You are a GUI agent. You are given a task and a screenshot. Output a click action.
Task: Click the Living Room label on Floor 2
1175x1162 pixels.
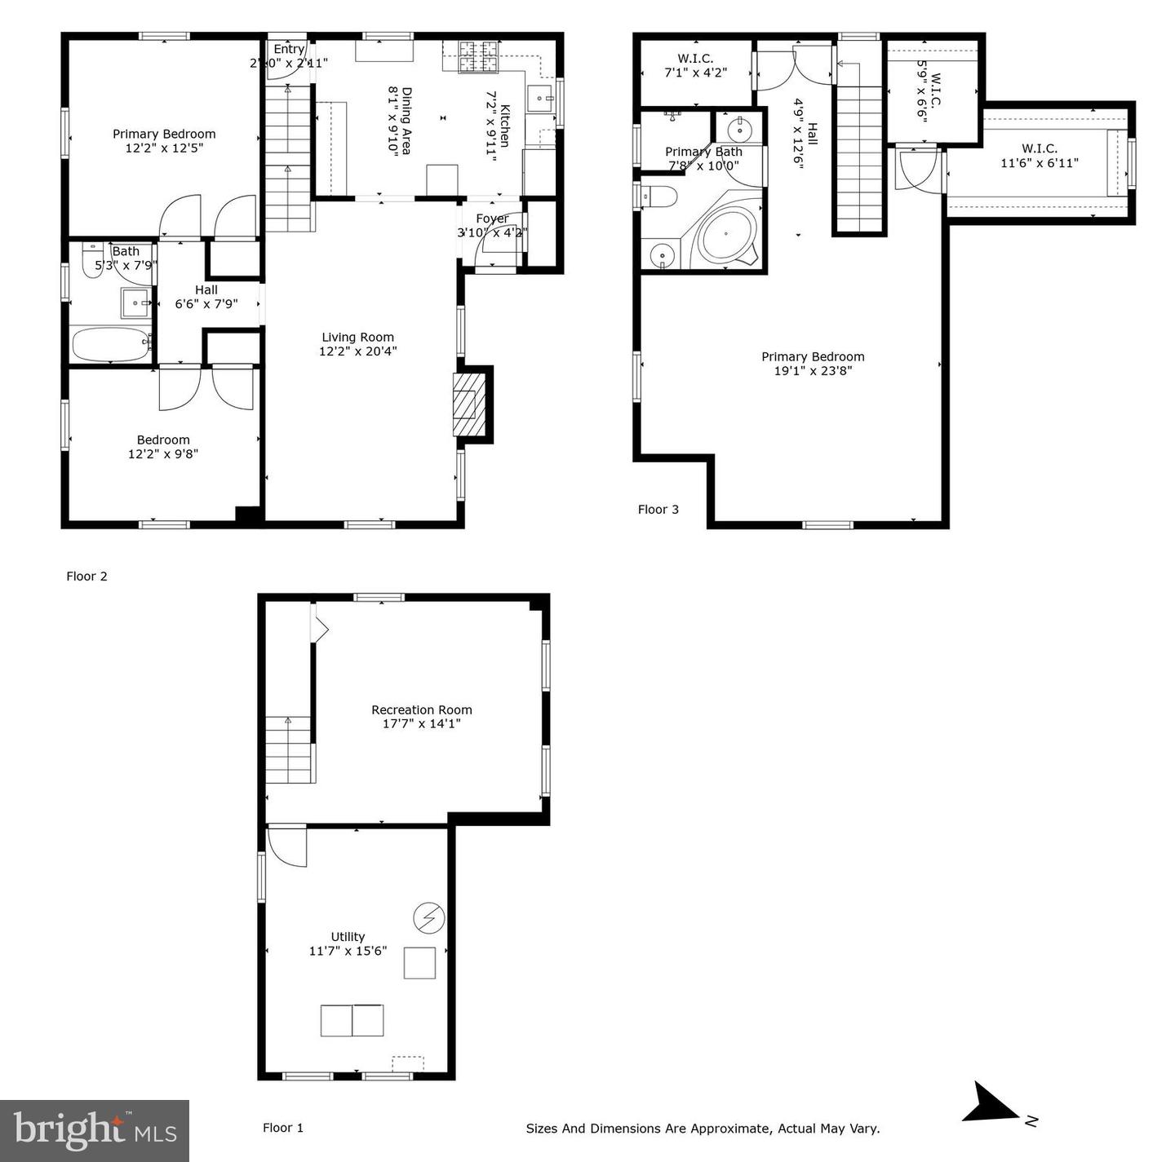357,337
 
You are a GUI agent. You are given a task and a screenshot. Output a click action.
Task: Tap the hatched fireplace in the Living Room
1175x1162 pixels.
465,404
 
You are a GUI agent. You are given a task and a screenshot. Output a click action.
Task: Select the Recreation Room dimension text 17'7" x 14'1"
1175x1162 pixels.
422,723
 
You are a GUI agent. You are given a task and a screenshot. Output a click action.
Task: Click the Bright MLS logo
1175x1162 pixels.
95,1131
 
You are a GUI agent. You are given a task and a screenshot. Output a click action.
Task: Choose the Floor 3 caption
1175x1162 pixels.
658,510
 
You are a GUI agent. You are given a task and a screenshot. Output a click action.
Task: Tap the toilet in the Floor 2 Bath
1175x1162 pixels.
92,263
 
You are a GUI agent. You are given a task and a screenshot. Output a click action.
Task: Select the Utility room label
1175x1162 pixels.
348,937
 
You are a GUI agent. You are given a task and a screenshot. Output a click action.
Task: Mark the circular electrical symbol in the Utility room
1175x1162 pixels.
428,919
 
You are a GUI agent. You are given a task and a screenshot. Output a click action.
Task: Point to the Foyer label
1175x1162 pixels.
492,219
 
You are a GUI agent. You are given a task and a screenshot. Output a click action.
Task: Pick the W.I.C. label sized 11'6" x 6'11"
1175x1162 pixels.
1040,148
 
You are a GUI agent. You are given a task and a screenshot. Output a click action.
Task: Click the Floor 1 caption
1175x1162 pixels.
283,1128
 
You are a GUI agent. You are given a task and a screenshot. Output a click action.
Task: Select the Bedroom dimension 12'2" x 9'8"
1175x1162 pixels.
163,454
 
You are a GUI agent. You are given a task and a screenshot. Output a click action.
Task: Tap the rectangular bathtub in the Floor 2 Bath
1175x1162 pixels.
110,343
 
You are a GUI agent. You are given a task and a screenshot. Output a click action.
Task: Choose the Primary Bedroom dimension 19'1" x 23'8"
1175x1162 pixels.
813,371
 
